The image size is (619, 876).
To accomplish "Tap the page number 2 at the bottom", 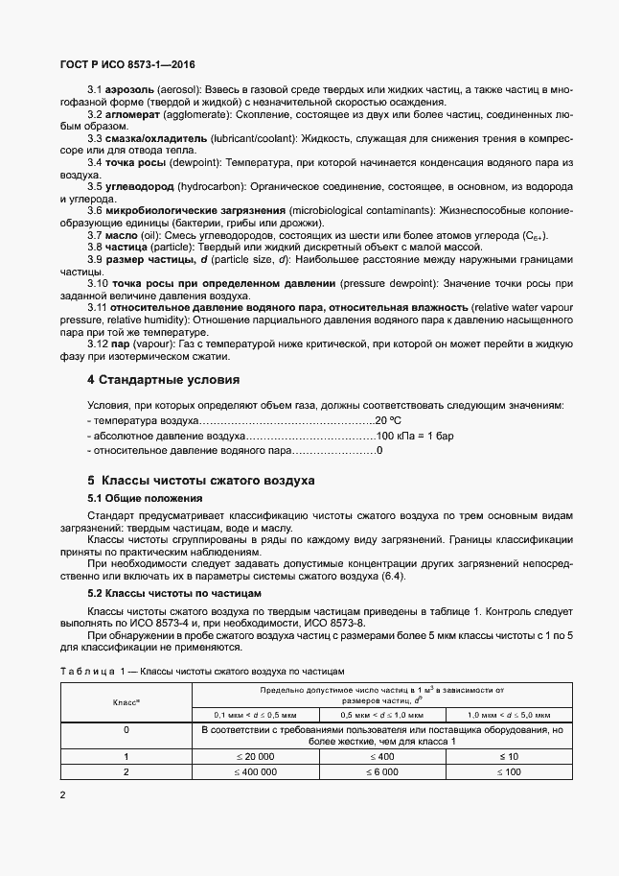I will tap(62, 793).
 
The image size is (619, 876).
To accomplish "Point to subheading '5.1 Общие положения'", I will tap(145, 499).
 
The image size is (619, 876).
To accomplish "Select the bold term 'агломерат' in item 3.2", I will tap(132, 114).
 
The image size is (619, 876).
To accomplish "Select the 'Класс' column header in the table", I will tap(126, 702).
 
